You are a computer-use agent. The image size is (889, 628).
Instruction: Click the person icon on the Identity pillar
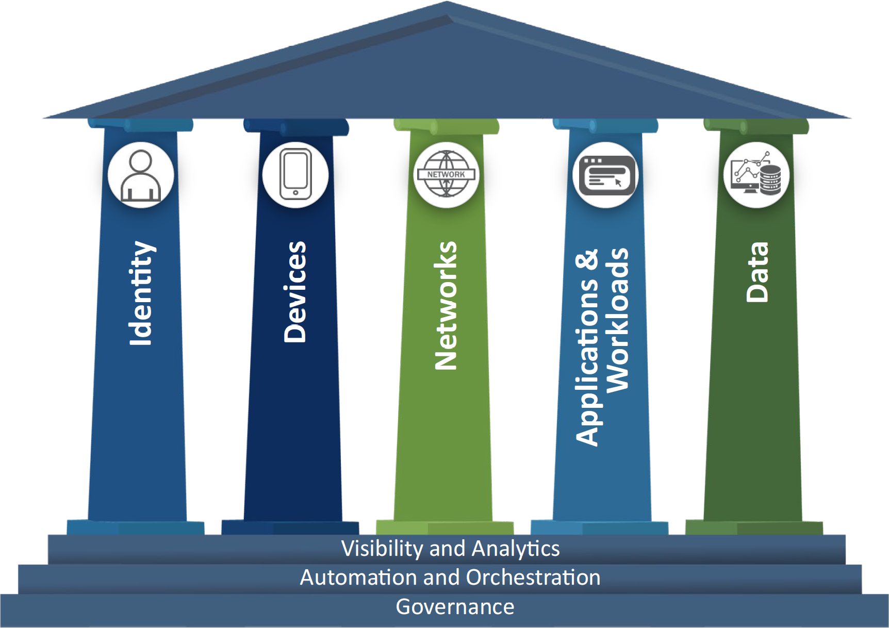tap(141, 175)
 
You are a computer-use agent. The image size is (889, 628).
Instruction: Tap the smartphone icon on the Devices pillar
tap(295, 175)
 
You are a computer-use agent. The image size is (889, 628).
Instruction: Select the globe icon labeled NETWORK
tap(447, 175)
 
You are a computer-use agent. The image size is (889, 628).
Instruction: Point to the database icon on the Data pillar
tap(770, 179)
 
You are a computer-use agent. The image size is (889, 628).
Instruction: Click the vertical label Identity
tap(140, 293)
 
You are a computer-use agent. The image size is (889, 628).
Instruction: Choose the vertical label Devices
tap(295, 292)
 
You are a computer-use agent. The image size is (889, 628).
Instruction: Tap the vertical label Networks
tap(446, 305)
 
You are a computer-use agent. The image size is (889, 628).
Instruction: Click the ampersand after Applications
tap(587, 260)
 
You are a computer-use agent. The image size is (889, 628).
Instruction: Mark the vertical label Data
tap(757, 272)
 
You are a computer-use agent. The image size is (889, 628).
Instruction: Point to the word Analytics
tap(516, 549)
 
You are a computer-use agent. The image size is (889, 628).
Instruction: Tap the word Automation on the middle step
tap(358, 577)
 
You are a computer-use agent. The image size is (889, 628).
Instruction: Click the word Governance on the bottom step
tap(455, 607)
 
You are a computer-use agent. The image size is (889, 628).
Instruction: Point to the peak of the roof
tap(447, 4)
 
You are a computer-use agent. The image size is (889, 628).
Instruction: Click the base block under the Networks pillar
tap(444, 527)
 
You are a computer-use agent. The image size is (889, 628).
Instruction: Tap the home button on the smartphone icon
tap(295, 193)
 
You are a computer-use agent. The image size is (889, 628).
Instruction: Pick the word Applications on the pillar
tap(587, 361)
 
